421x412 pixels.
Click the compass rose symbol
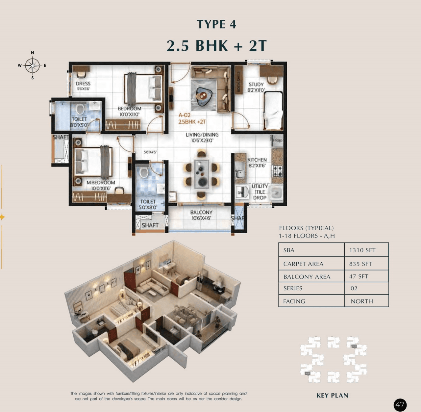(x=32, y=65)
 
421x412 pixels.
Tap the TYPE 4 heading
(x=216, y=24)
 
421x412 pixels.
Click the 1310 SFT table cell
(x=362, y=250)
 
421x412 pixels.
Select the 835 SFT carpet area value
(x=360, y=264)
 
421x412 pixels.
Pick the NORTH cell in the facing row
(x=362, y=301)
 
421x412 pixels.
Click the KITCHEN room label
(x=257, y=160)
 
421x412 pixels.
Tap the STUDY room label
(x=256, y=85)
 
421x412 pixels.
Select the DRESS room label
(x=83, y=84)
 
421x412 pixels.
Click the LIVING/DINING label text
(x=202, y=135)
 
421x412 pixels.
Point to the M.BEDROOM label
(x=101, y=183)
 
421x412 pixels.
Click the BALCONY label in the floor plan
(x=201, y=213)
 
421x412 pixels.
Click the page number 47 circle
(x=400, y=404)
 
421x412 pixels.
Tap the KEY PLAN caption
(x=332, y=396)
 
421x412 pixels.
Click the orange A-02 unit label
(x=185, y=116)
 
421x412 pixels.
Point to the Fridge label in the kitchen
(x=277, y=140)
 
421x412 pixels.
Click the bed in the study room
(x=273, y=111)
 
